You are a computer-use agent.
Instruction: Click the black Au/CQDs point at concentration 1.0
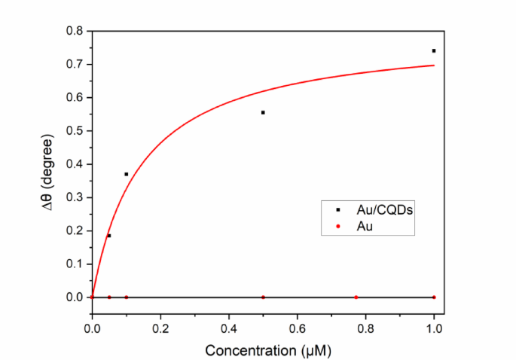tap(434, 50)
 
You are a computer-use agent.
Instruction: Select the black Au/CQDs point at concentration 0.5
tap(263, 112)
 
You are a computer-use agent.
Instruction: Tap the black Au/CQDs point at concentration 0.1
tap(126, 174)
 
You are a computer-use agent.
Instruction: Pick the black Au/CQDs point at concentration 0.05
tap(109, 236)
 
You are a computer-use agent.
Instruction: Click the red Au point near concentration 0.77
tap(356, 297)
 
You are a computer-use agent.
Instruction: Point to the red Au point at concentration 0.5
tap(263, 297)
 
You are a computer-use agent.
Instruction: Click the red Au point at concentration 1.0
tap(434, 297)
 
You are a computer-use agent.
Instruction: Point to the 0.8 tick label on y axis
tap(74, 31)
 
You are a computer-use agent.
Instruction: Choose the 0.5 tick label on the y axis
tap(74, 131)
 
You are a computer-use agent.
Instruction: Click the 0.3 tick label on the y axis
tap(74, 197)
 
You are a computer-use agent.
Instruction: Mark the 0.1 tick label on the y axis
tap(74, 264)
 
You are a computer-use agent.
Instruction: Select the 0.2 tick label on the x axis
tap(160, 328)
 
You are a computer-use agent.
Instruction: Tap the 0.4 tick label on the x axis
tap(228, 328)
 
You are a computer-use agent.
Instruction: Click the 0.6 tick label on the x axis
tap(297, 328)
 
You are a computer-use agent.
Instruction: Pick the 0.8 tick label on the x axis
tap(365, 328)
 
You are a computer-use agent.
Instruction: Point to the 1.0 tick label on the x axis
tap(434, 328)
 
